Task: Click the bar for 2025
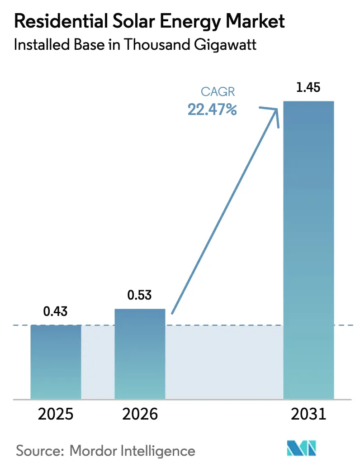point(56,362)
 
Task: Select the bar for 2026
point(140,353)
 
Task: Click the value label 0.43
point(56,312)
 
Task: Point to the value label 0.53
point(140,296)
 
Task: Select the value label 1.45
point(308,88)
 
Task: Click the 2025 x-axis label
point(56,414)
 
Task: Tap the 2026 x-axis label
point(140,414)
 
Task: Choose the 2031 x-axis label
point(308,414)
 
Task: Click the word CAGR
point(218,92)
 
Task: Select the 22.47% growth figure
point(212,110)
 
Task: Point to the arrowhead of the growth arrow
point(274,111)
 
